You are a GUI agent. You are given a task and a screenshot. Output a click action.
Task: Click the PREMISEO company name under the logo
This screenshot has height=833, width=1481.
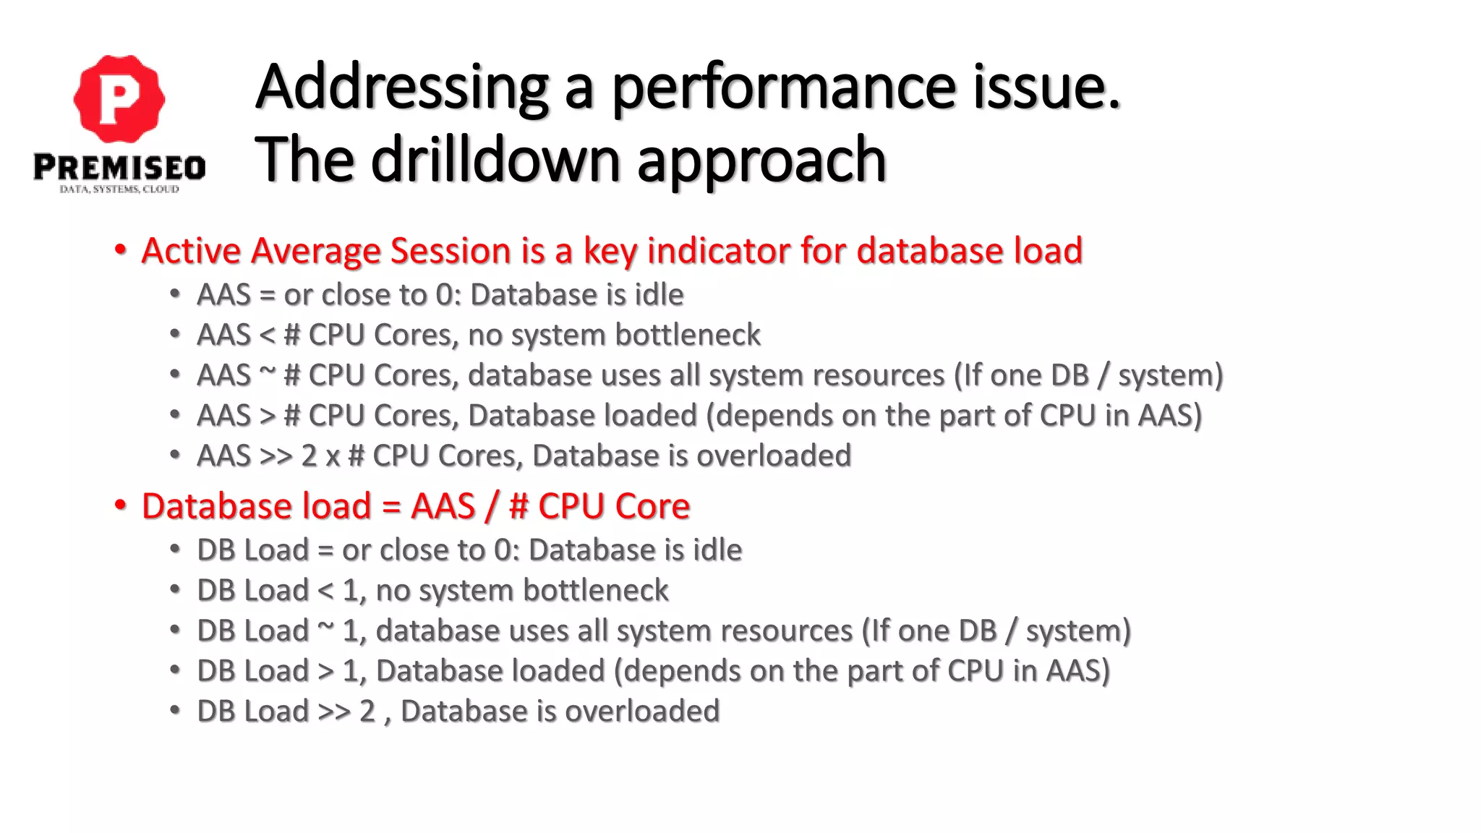[119, 168]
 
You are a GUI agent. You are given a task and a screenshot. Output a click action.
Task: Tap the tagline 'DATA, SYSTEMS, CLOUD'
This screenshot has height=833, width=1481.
[119, 189]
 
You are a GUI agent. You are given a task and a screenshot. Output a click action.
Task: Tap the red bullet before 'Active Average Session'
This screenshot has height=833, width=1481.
[120, 250]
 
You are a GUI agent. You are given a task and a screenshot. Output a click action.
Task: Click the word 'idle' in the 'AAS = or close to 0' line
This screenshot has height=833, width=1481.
[659, 295]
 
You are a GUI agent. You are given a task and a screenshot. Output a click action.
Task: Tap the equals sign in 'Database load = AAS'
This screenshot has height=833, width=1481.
[391, 506]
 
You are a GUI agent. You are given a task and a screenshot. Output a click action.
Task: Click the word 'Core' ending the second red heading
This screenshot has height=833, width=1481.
[652, 506]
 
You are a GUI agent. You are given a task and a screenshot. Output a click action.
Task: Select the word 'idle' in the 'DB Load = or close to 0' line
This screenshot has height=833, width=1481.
[717, 550]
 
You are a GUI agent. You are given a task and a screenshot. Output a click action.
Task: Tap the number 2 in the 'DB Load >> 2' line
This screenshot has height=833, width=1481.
[367, 712]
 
